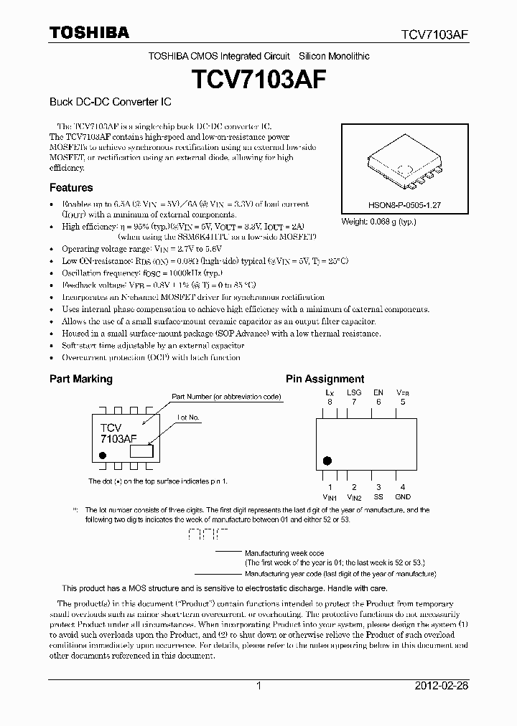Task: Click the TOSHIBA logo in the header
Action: [x=88, y=32]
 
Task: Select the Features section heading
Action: [x=70, y=188]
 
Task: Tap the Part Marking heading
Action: [x=80, y=379]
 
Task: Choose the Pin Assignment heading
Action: [x=325, y=379]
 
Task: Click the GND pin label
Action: [x=403, y=496]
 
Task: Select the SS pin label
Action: [x=378, y=496]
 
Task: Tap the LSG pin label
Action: [x=354, y=393]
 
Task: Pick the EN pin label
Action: [x=378, y=393]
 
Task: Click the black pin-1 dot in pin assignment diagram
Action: [x=328, y=461]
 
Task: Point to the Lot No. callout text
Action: [x=188, y=417]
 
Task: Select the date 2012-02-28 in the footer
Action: [x=442, y=686]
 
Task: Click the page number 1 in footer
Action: [x=258, y=686]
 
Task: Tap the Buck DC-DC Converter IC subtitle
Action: [x=110, y=103]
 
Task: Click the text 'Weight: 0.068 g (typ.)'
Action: [x=378, y=222]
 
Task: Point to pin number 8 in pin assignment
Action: [x=330, y=402]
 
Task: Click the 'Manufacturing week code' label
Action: [x=284, y=553]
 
